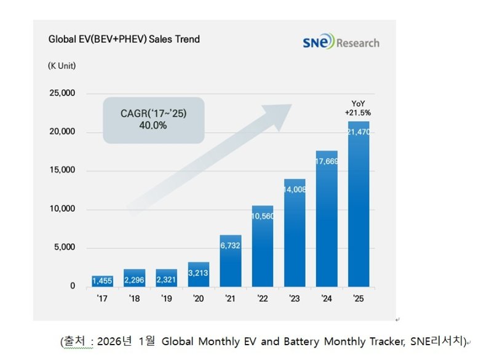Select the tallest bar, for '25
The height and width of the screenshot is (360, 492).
click(359, 203)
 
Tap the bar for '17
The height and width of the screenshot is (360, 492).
click(102, 281)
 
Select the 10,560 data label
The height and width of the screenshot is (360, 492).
click(263, 217)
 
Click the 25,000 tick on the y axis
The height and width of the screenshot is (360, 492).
click(61, 94)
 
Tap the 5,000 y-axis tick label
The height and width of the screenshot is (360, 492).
click(64, 247)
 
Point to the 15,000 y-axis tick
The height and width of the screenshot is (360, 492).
click(61, 170)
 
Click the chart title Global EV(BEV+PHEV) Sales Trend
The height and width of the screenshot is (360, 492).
click(124, 39)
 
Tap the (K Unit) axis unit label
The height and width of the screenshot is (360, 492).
click(62, 66)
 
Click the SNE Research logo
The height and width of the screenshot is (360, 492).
click(341, 42)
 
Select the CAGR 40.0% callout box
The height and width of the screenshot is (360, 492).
click(153, 120)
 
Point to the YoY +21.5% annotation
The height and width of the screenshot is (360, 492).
click(358, 108)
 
